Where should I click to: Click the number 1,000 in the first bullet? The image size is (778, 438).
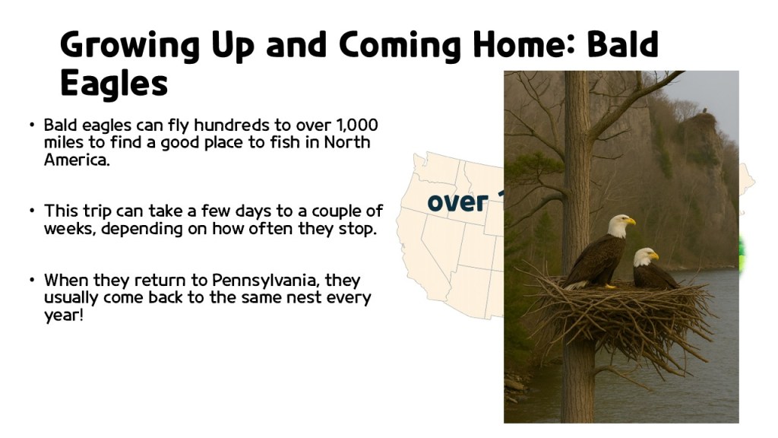click(356, 125)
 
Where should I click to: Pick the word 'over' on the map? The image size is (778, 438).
click(457, 203)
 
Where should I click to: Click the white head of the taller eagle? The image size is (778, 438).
click(618, 224)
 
